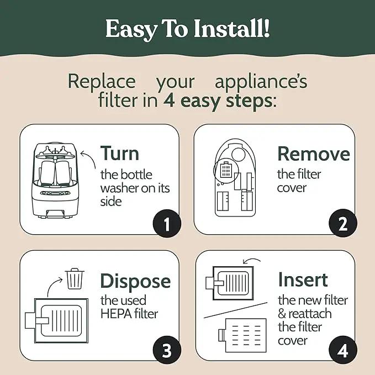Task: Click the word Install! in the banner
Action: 232,28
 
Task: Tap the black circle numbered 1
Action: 167,223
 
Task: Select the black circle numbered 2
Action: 343,223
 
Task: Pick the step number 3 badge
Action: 167,350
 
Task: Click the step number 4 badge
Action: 343,350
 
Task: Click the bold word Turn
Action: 120,154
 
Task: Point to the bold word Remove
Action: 314,154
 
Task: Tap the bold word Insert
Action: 303,279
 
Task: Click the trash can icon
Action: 75,278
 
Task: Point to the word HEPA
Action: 116,314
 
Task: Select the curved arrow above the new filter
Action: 251,260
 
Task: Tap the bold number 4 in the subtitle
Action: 169,101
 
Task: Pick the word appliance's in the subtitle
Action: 261,82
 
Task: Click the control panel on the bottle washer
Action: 55,193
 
